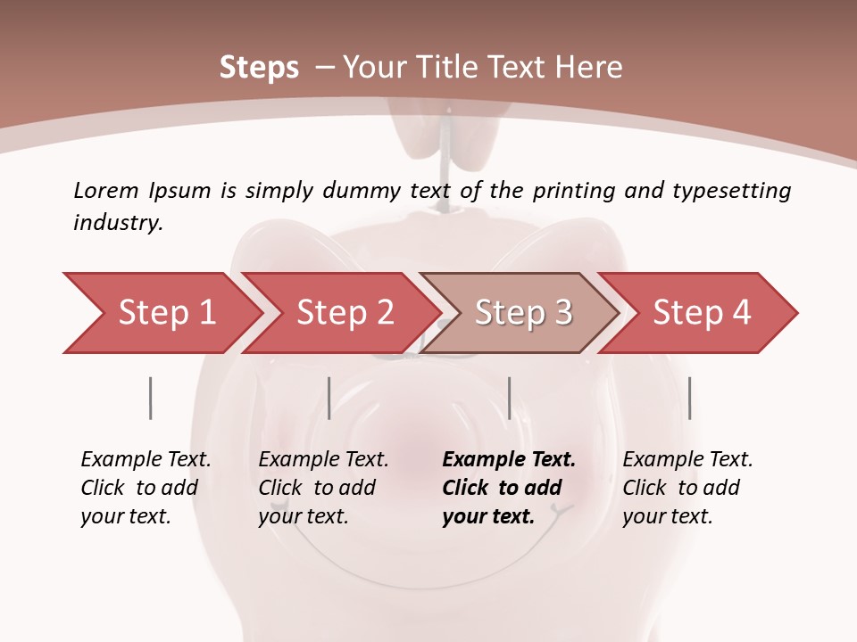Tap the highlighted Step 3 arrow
coord(522,313)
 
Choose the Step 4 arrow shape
coord(701,313)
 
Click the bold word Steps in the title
coord(259,67)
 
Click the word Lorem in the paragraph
coord(106,190)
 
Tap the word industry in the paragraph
coord(118,222)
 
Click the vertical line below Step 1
coord(150,398)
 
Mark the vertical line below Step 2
coord(329,398)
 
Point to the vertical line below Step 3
coord(509,398)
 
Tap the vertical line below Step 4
coord(689,398)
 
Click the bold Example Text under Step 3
coord(509,460)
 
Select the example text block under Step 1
coord(146,488)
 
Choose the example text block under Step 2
coord(323,488)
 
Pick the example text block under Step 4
coord(687,488)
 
